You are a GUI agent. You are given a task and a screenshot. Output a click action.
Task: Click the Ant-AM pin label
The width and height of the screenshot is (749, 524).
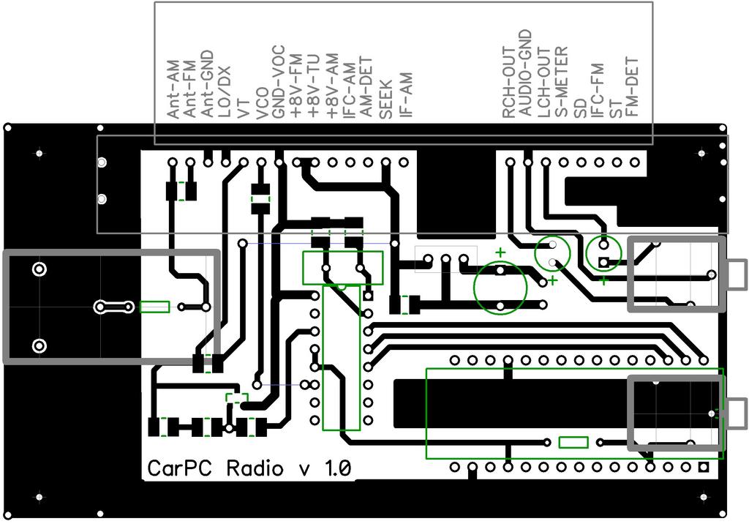tap(173, 91)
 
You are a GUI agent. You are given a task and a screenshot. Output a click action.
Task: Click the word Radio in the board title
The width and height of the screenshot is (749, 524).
tap(255, 468)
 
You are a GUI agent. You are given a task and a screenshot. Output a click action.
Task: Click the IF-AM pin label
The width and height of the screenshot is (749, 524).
tap(404, 95)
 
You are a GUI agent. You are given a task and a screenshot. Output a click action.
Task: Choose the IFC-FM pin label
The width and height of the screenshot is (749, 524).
tap(598, 90)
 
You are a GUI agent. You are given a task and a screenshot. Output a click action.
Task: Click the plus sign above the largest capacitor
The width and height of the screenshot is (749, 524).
tap(500, 253)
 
